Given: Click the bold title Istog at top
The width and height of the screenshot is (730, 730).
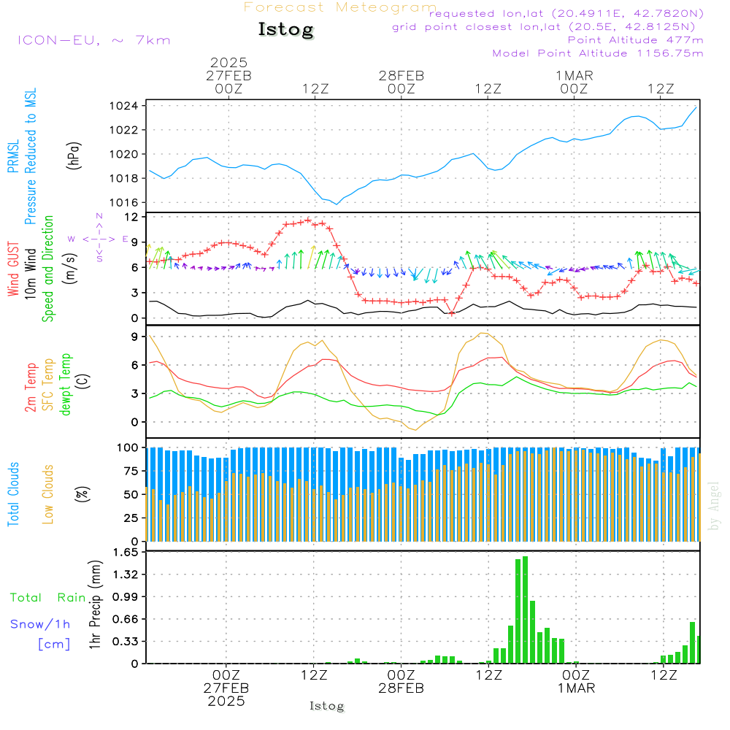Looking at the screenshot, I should point(285,30).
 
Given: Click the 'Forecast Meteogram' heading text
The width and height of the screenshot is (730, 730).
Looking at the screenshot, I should point(340,8).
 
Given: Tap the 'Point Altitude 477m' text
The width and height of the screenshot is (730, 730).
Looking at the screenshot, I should point(635,40).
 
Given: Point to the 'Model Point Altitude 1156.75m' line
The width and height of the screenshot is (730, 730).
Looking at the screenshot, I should point(598,53).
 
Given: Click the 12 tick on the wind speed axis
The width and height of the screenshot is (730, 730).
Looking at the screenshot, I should point(131,218).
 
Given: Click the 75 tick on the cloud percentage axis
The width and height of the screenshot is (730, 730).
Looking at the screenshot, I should point(130,471).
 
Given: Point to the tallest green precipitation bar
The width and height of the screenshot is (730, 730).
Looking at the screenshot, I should point(525,610).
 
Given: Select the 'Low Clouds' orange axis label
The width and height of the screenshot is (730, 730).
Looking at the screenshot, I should point(49,493).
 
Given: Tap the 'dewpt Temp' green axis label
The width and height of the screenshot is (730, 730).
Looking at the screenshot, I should point(66,385).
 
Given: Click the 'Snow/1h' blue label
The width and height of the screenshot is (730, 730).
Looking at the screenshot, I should point(40,624).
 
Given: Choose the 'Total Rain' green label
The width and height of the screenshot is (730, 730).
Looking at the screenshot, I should point(47,597).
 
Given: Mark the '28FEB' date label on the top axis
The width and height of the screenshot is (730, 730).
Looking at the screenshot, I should point(401,76).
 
